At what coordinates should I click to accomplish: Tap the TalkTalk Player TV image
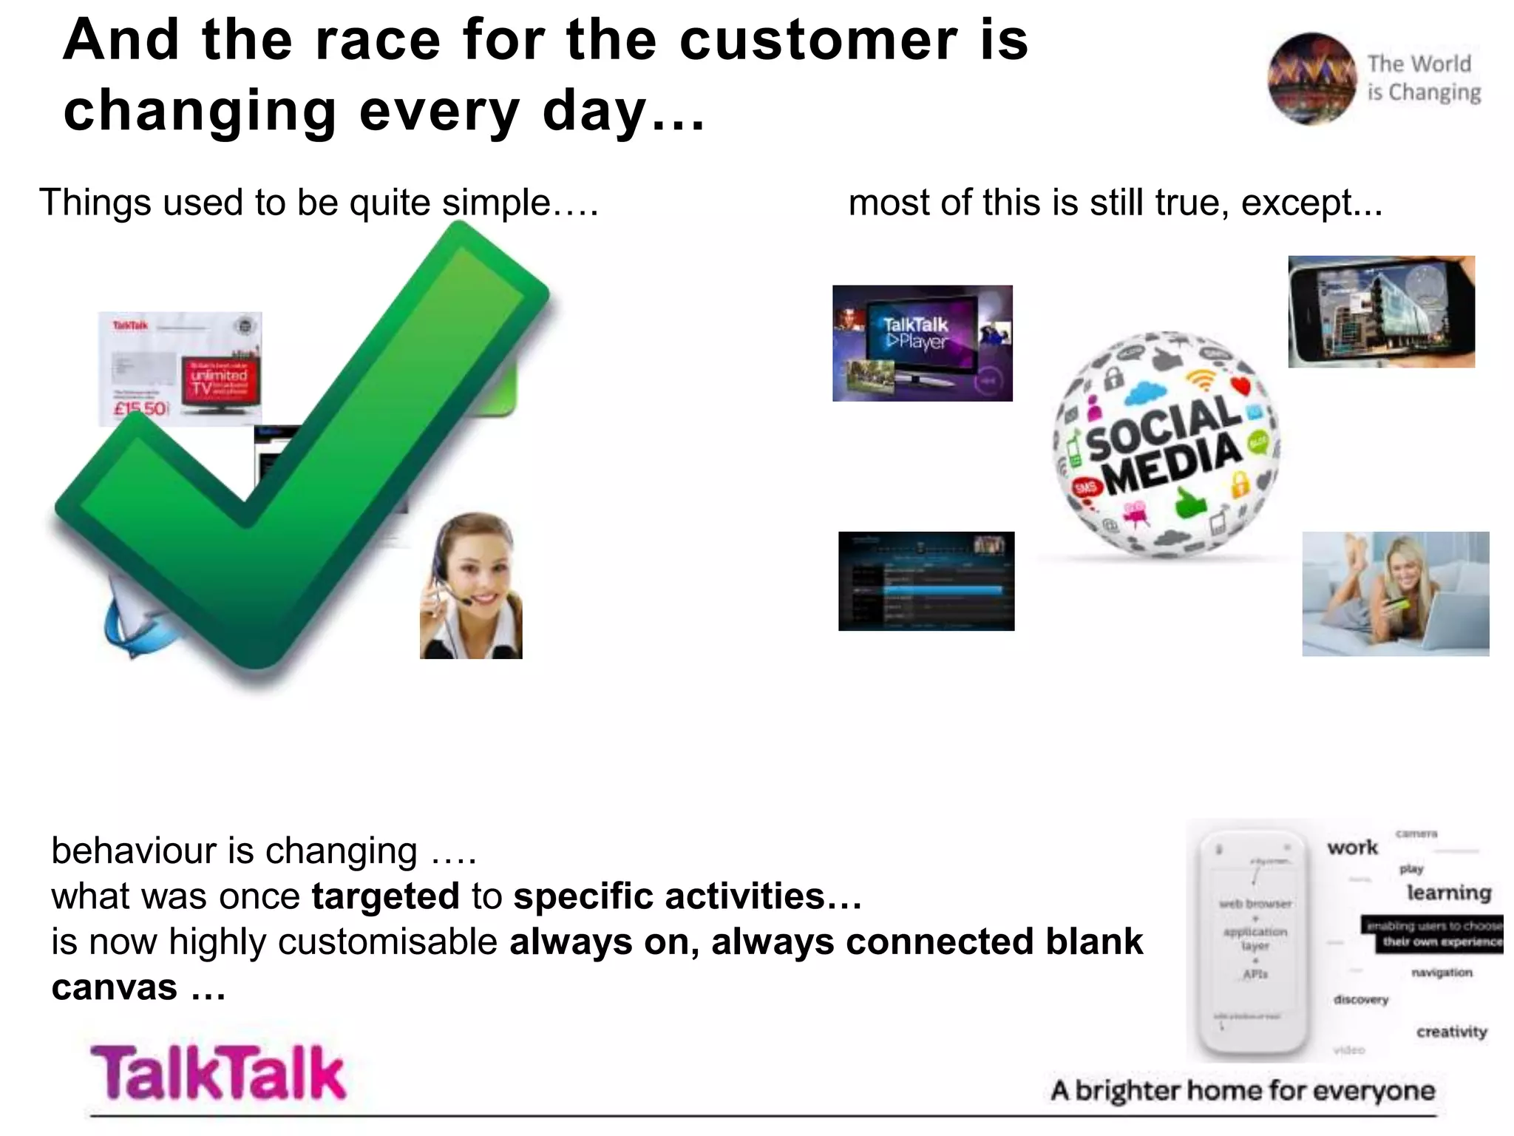click(x=922, y=343)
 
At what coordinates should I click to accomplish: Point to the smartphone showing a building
click(x=1381, y=311)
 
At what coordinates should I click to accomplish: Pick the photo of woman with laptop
click(x=1395, y=593)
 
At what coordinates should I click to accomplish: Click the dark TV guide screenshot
click(x=926, y=581)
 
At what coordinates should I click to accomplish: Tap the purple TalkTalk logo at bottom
click(x=218, y=1072)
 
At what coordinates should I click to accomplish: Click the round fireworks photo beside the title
click(x=1311, y=78)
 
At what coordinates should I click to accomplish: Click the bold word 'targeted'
click(x=385, y=896)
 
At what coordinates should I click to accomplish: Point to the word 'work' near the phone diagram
click(x=1352, y=848)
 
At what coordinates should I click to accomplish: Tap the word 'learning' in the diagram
click(x=1448, y=893)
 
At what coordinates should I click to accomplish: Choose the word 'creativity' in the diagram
click(x=1451, y=1032)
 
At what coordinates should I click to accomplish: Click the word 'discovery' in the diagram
click(x=1361, y=999)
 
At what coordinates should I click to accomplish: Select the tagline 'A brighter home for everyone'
click(x=1242, y=1091)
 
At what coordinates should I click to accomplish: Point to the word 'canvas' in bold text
click(x=115, y=988)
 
